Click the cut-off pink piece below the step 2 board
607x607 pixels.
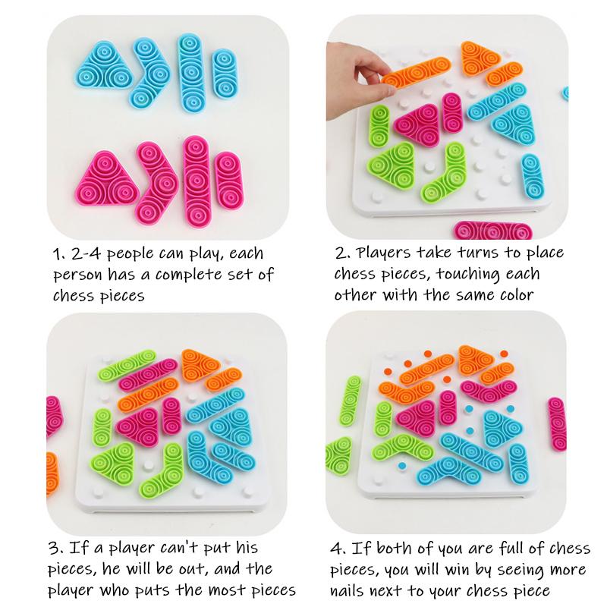(x=492, y=230)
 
